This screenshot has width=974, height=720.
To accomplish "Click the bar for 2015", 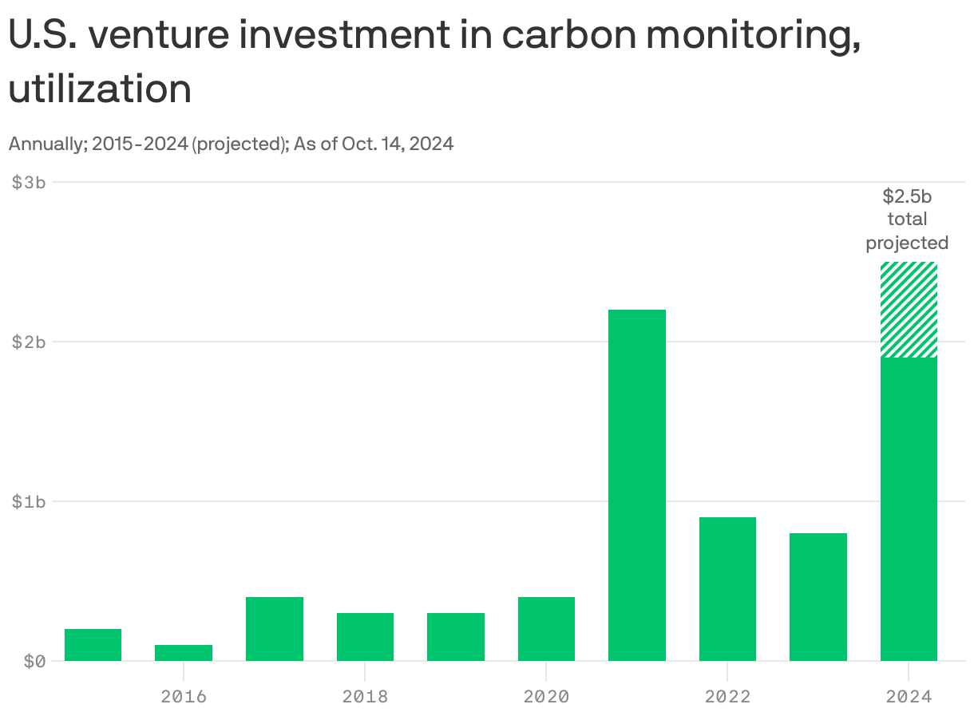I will (x=93, y=645).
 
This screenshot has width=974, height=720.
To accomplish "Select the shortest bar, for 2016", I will (x=184, y=653).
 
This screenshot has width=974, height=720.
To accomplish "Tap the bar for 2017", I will (x=274, y=629).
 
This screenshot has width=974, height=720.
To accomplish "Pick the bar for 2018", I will (x=365, y=637).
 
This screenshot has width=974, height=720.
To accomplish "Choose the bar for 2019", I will (x=455, y=637).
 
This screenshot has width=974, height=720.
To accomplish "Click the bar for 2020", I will (x=546, y=629).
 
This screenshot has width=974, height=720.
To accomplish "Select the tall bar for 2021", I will (x=636, y=485).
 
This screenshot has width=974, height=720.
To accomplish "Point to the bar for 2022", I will (x=727, y=589).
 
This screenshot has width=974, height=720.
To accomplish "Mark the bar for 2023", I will (x=818, y=597).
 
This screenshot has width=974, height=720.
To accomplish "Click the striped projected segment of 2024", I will (x=909, y=310).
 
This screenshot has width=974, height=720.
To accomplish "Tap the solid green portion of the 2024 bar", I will (x=909, y=509).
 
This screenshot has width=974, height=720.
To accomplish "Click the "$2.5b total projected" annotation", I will (x=907, y=220).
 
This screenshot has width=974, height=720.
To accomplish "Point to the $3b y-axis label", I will (x=29, y=182).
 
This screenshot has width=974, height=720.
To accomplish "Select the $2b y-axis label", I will (x=29, y=342).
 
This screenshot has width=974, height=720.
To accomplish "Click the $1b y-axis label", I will (x=29, y=501).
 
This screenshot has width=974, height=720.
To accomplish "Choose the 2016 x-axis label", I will (x=184, y=696).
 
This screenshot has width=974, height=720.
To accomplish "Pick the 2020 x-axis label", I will (x=546, y=696).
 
